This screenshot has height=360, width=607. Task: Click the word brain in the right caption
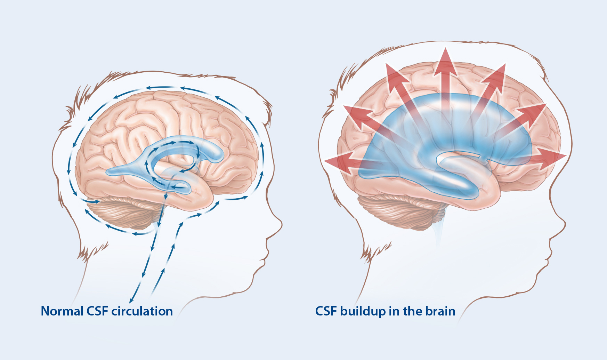click(441, 311)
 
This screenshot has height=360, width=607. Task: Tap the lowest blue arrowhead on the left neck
click(131, 300)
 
